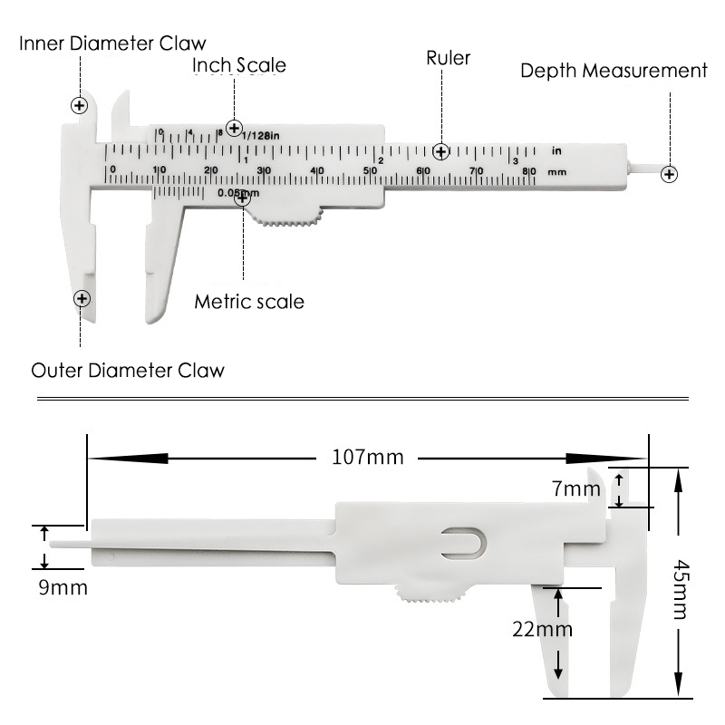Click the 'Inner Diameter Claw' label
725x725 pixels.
pos(112,43)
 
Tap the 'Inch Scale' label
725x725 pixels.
pos(239,65)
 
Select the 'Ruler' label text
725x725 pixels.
pos(449,58)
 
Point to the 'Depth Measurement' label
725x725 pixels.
pos(614,71)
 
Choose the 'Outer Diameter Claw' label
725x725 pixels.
pos(128,371)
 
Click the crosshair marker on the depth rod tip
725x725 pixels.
pos(669,174)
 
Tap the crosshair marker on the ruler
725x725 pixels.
pos(440,151)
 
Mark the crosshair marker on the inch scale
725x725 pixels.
pos(235,129)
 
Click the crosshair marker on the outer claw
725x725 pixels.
pos(82,297)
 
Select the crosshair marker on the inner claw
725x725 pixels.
pos(80,105)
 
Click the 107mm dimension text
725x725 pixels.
pos(368,457)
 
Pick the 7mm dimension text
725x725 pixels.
pos(576,489)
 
